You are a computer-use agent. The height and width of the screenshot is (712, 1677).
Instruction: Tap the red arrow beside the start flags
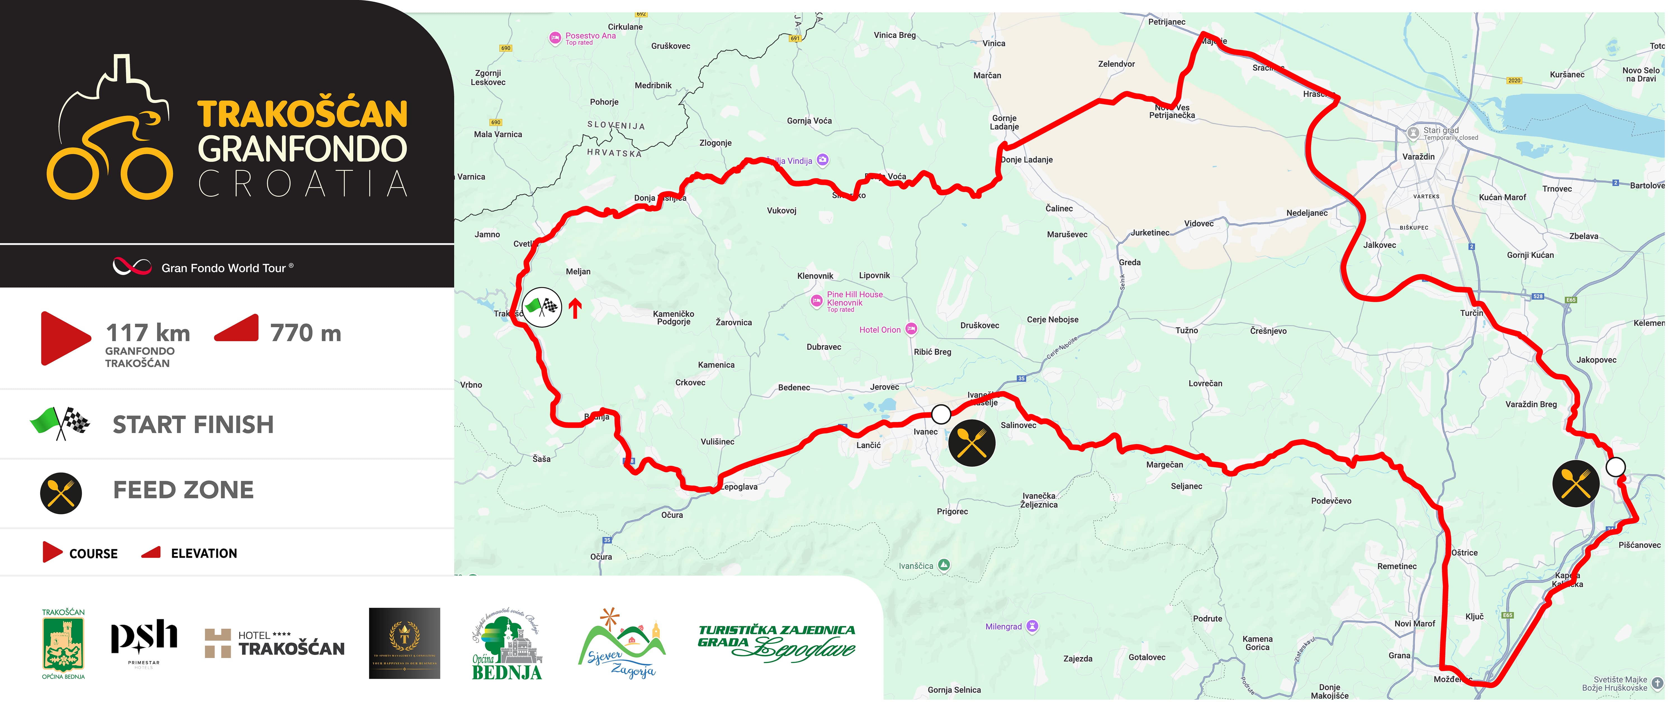574,308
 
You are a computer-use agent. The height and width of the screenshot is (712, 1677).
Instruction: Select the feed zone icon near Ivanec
971,443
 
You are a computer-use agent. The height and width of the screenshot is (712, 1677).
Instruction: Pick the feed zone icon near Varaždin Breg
1576,483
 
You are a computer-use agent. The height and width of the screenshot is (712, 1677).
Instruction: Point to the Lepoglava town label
740,487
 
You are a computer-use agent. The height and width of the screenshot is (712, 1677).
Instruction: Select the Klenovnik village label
815,276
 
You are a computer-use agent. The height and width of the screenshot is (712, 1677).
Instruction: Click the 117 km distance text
148,333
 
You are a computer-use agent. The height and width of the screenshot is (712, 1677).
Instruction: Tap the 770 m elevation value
305,333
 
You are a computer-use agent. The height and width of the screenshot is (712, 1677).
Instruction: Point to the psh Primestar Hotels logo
144,641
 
